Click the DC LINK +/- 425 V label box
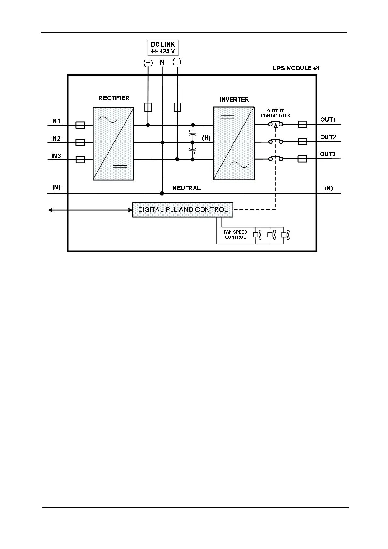(x=163, y=48)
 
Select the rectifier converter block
(x=113, y=143)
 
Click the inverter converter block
(x=233, y=143)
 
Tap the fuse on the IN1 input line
(x=80, y=125)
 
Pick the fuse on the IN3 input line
(x=80, y=159)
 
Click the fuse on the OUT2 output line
(x=303, y=141)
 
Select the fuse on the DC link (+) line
(x=148, y=107)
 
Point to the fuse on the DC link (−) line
(x=177, y=107)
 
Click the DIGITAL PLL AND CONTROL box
(x=183, y=210)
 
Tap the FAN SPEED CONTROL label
(x=235, y=235)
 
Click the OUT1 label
(x=328, y=120)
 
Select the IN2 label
(x=56, y=138)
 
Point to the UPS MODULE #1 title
(x=296, y=68)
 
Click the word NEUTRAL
(x=186, y=188)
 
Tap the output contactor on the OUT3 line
(x=276, y=158)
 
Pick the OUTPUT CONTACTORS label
(x=275, y=113)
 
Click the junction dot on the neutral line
(x=162, y=193)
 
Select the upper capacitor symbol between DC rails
(x=193, y=134)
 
